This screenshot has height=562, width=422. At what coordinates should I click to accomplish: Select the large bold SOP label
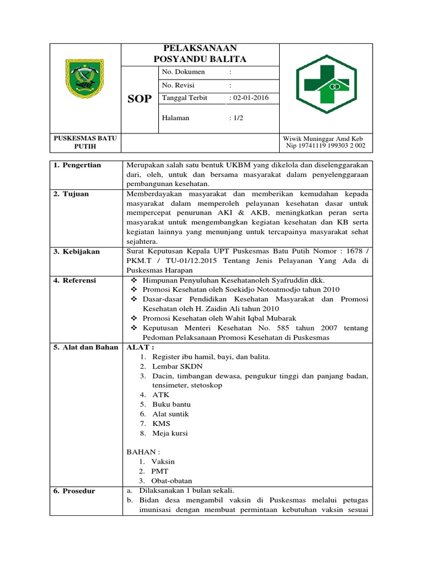[x=140, y=99]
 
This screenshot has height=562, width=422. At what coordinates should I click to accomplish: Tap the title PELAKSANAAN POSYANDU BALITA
[x=199, y=54]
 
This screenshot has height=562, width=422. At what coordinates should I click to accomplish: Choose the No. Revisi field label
[x=179, y=85]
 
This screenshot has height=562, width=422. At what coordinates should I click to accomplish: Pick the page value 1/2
[x=238, y=118]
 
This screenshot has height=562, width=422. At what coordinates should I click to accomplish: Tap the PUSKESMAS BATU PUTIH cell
[x=85, y=142]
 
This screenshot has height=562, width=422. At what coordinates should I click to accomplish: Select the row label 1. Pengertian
[x=77, y=165]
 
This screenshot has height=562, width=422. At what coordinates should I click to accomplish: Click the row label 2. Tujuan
[x=71, y=194]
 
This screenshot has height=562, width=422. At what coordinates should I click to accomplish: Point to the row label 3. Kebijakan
[x=77, y=251]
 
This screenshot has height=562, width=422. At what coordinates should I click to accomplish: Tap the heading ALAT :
[x=141, y=347]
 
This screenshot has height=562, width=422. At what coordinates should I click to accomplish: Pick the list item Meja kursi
[x=170, y=433]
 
